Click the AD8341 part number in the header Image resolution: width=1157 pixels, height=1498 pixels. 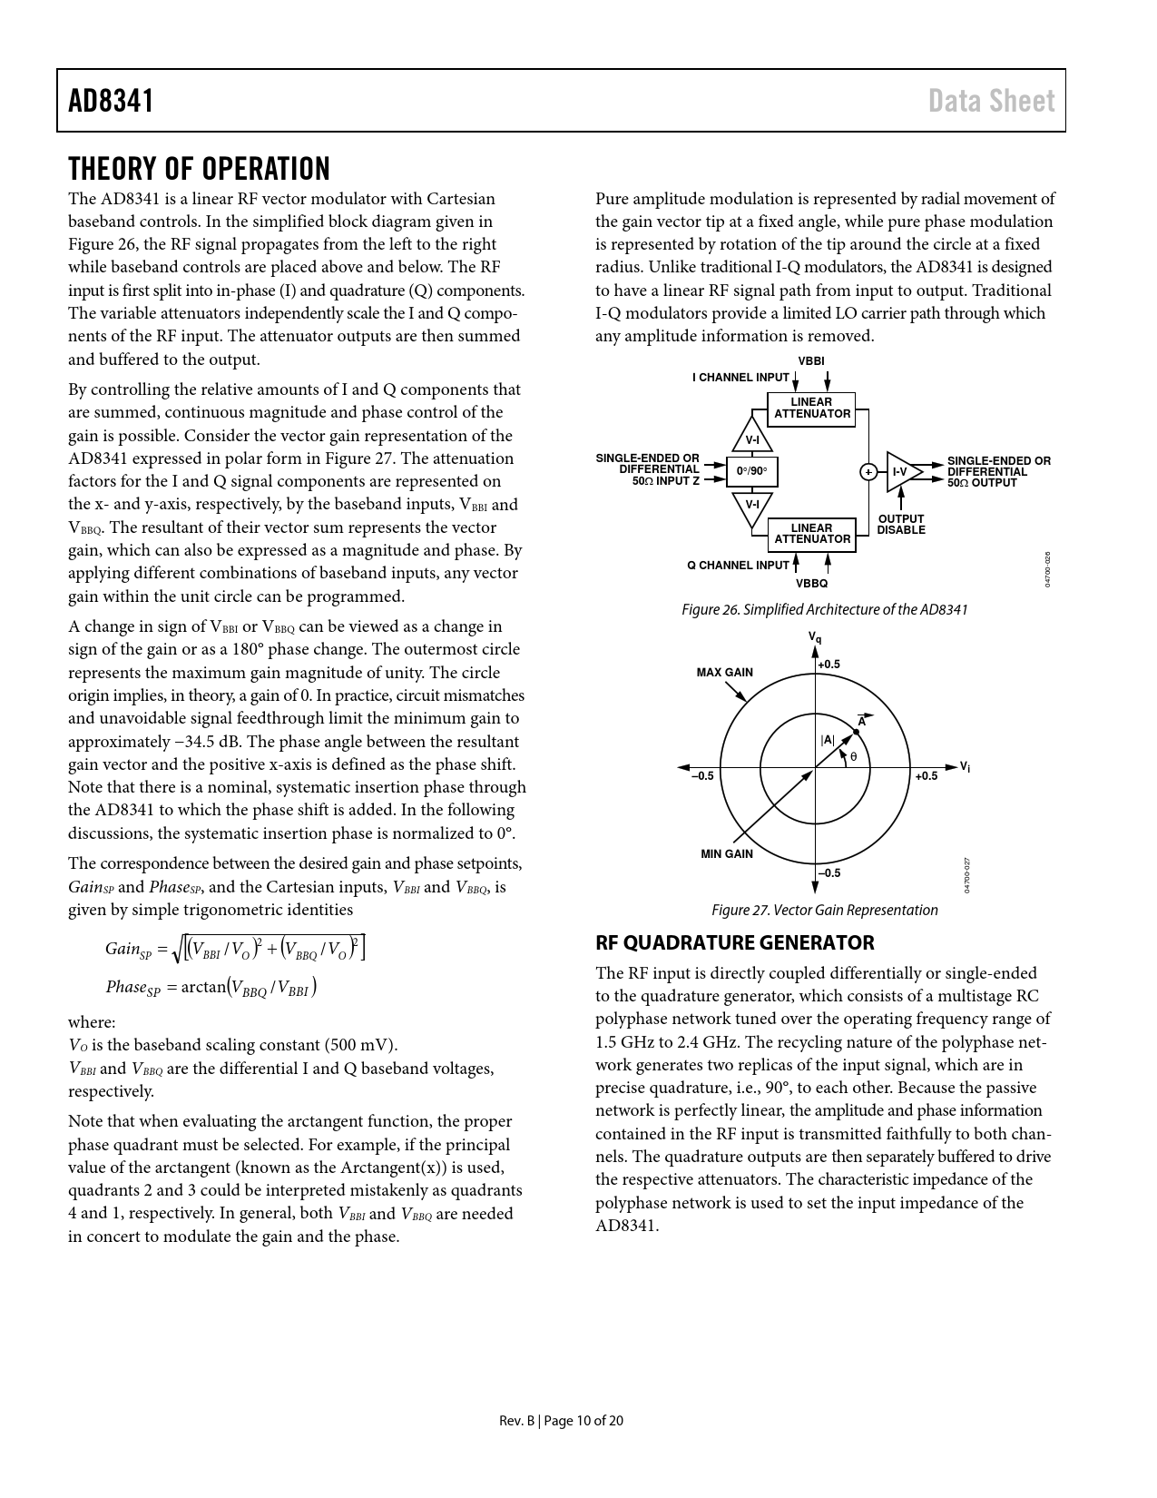(x=111, y=101)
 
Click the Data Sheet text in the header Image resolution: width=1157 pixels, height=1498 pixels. (x=991, y=101)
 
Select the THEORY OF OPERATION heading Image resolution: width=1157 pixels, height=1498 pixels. (x=199, y=169)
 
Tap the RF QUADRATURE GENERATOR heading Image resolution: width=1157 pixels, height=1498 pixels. (x=734, y=942)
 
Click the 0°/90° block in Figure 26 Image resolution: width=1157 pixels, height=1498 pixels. (x=751, y=471)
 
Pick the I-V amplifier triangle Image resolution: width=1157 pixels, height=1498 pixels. (x=902, y=471)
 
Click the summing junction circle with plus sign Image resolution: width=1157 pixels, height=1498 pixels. (x=868, y=471)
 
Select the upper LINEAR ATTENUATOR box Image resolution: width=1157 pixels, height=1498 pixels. (x=811, y=408)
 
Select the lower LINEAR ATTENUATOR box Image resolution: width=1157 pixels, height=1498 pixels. (x=811, y=534)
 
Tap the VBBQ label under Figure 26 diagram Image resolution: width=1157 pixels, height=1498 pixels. (x=811, y=584)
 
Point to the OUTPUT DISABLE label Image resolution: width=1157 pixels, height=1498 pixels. (x=900, y=525)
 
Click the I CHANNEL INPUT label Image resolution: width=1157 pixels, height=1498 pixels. (x=740, y=378)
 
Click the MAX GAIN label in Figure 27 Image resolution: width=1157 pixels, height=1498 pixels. (x=724, y=673)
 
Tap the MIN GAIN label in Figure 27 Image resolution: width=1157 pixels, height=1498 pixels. (x=726, y=854)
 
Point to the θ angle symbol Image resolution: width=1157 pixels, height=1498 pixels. (x=853, y=756)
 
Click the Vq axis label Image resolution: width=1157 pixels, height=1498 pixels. (x=815, y=638)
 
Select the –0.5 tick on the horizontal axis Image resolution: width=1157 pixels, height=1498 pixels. (x=702, y=776)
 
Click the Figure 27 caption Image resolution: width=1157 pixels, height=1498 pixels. (x=824, y=910)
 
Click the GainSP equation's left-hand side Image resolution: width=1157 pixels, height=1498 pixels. (x=128, y=950)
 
